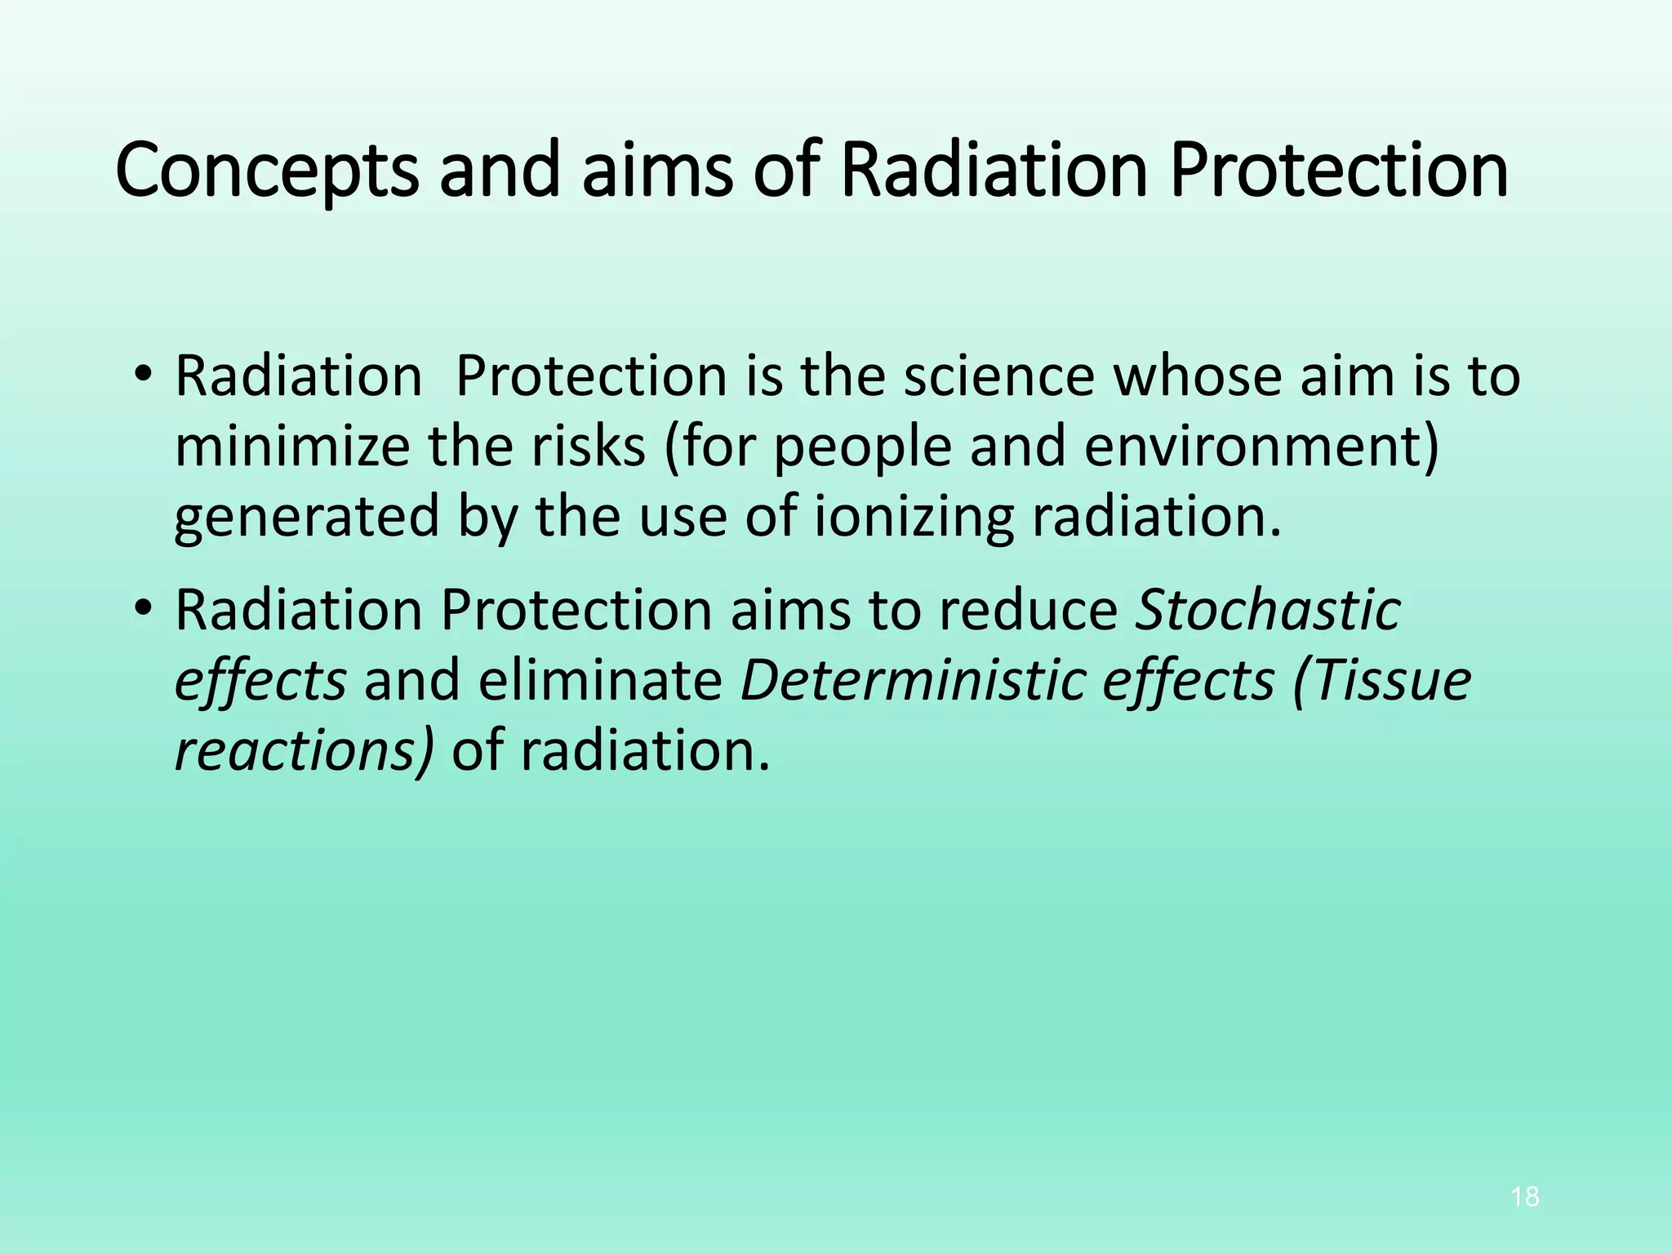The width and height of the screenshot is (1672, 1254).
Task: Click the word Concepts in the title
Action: click(266, 170)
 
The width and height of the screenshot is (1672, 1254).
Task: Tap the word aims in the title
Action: click(657, 170)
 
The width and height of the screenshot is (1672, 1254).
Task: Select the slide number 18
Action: click(1525, 1197)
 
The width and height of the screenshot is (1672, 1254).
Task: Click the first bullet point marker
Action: click(144, 376)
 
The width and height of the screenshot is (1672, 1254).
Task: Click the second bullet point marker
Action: click(144, 610)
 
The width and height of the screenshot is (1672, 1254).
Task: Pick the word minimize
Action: click(292, 447)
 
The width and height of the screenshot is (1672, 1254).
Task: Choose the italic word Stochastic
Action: click(1268, 610)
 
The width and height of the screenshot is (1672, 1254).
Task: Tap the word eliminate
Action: click(600, 680)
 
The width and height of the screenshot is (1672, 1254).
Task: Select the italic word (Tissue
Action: click(1381, 680)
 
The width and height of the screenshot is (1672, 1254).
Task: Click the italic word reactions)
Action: click(305, 750)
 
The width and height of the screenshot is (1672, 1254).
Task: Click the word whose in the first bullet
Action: click(1198, 376)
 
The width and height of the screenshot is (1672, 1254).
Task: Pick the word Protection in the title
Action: click(1339, 170)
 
